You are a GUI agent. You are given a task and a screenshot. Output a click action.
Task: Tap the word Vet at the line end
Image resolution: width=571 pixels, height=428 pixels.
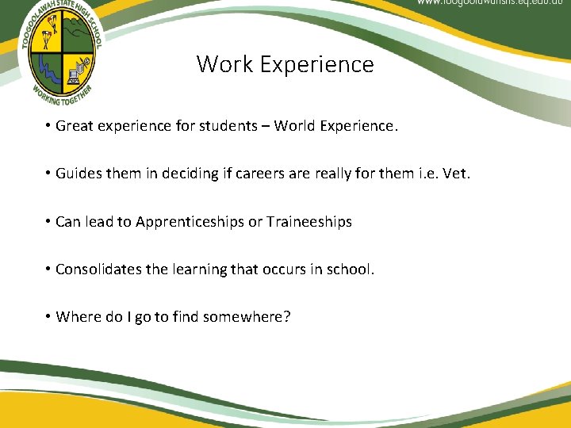456,174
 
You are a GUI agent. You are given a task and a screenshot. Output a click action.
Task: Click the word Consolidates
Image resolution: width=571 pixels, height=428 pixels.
98,269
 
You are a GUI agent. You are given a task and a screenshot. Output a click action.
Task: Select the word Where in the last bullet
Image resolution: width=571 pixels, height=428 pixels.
79,317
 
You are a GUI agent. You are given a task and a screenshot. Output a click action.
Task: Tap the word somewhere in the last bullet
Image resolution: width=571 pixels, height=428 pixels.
246,317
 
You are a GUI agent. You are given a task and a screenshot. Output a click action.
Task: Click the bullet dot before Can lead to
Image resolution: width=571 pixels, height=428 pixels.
48,221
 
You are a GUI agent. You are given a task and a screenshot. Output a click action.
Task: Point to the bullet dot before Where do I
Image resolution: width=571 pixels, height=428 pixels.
48,316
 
